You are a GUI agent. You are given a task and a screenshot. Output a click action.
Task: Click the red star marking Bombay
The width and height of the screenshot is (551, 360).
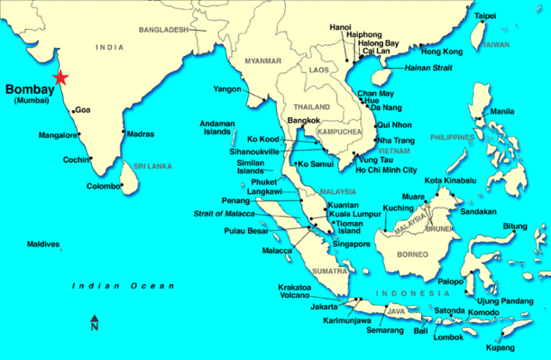[59, 78]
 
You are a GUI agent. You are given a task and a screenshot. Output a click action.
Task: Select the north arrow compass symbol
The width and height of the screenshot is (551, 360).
[95, 323]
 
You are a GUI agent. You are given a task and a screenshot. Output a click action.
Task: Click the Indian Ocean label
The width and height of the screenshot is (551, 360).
[123, 286]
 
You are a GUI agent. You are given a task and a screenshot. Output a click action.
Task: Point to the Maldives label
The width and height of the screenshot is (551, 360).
[42, 244]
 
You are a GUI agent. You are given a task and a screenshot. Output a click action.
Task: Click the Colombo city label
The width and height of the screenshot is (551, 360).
[102, 186]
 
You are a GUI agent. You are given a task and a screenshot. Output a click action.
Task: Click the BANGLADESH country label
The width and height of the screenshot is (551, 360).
[164, 29]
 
